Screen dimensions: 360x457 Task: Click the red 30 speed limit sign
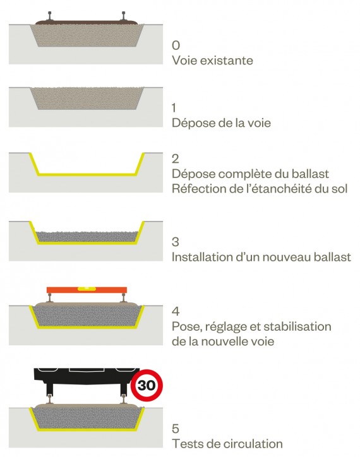147,385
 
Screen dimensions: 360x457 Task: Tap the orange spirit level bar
87,290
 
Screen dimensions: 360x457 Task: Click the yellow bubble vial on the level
87,288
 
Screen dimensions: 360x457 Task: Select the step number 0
176,45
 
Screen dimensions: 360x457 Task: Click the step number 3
176,242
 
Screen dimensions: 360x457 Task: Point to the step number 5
176,429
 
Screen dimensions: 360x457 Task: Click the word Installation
202,257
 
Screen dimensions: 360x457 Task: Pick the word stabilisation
297,326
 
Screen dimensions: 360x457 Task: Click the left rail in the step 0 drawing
49,16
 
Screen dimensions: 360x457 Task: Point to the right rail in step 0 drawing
124,16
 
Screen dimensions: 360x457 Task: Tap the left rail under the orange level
50,299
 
